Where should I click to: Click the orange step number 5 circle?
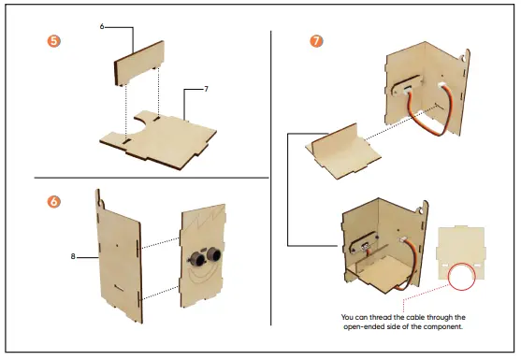click(x=54, y=41)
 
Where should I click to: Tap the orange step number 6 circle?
click(x=54, y=202)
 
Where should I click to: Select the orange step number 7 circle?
click(x=316, y=41)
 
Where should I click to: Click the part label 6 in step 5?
click(x=102, y=26)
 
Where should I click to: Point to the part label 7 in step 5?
click(x=206, y=89)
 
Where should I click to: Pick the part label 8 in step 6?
click(x=73, y=256)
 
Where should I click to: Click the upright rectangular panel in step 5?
click(x=139, y=63)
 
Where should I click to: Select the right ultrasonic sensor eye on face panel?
click(x=214, y=254)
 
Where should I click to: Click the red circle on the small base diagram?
click(x=461, y=277)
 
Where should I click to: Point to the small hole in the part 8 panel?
click(x=117, y=246)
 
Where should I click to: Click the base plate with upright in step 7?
click(x=342, y=151)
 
